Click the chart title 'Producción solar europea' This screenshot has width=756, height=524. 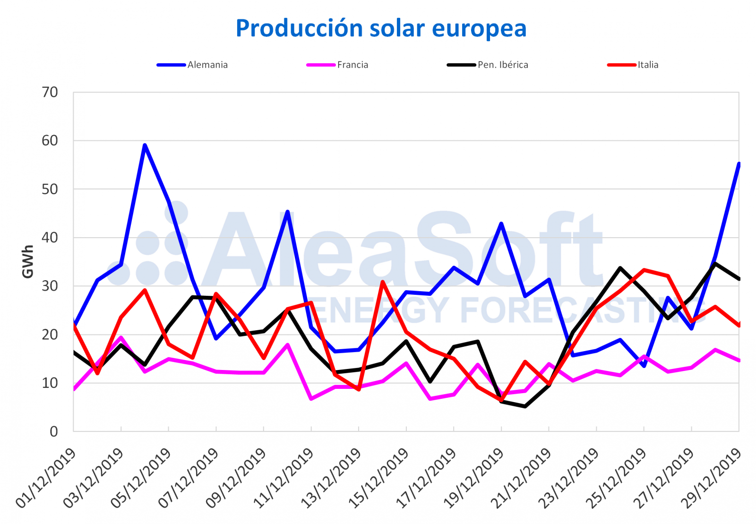(381, 28)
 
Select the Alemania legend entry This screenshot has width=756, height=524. (207, 65)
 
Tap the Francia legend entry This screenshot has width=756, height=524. (352, 65)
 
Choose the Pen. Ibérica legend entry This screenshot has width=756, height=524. (502, 65)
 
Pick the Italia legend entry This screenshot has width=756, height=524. (647, 65)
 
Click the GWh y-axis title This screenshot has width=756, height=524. (28, 261)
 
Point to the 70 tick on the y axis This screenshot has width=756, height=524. (50, 92)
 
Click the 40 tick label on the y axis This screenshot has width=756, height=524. (50, 238)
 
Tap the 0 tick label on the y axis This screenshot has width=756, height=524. (53, 431)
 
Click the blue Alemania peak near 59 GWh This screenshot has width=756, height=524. (145, 145)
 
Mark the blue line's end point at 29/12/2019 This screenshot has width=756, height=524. (739, 163)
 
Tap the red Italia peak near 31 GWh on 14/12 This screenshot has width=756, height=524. (383, 282)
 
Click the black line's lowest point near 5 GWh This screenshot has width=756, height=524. (525, 406)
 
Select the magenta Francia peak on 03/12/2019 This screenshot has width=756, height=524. (121, 338)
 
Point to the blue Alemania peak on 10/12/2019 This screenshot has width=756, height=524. (288, 212)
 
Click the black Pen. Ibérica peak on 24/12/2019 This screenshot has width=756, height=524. (620, 268)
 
